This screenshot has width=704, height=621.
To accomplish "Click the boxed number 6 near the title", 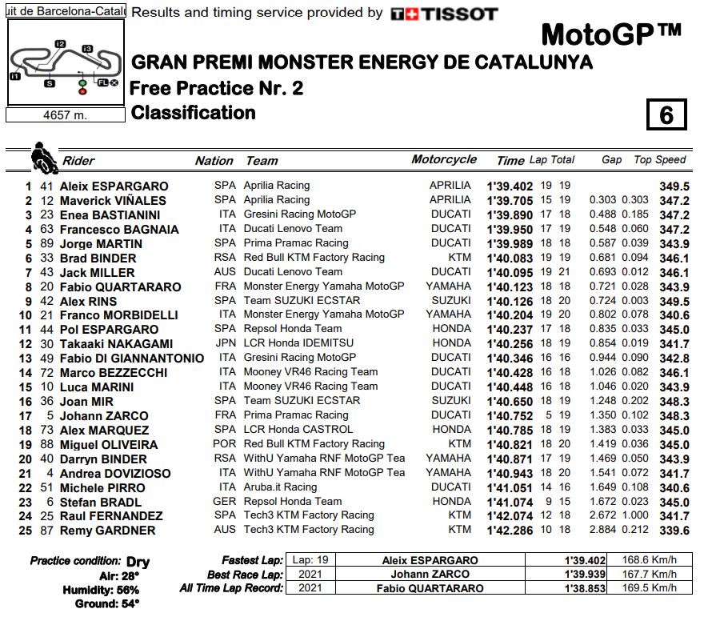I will tap(666, 115).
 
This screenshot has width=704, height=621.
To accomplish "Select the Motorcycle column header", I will tap(444, 159).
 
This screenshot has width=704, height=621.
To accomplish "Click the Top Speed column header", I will tap(660, 160).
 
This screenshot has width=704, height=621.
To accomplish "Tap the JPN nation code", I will tap(225, 343).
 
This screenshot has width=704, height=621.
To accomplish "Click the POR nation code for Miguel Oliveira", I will tap(225, 444).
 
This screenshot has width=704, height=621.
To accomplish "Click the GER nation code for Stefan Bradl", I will tap(225, 501).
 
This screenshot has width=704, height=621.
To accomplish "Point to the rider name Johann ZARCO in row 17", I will tap(104, 415).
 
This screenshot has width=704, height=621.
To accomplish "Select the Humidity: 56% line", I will tap(101, 590).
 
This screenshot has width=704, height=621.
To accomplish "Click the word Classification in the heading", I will tap(193, 113).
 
